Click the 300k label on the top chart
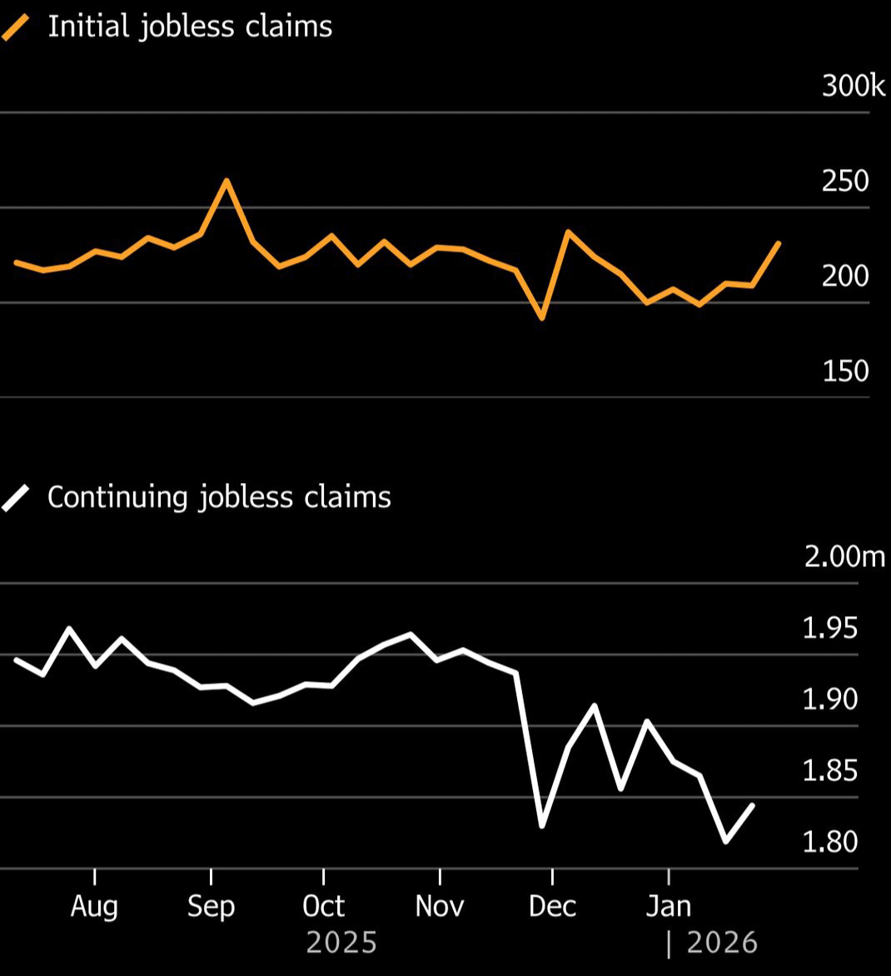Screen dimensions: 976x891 (x=853, y=86)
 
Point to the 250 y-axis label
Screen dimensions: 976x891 (x=845, y=181)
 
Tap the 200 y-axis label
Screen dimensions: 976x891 (x=845, y=276)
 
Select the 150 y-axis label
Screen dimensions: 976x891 (x=845, y=371)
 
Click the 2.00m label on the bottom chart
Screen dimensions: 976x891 (x=844, y=556)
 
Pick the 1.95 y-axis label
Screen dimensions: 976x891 (x=829, y=628)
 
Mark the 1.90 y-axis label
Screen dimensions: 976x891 (x=829, y=700)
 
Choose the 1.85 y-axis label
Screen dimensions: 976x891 (x=829, y=771)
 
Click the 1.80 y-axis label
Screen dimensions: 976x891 (x=829, y=842)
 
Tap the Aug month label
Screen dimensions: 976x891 (x=94, y=906)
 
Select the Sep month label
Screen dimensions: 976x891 (x=211, y=906)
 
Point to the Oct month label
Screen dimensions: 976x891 (x=323, y=906)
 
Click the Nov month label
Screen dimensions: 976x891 (x=439, y=906)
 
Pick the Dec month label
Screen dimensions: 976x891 (x=552, y=906)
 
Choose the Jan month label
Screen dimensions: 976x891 (x=668, y=906)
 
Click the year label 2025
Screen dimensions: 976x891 (x=341, y=944)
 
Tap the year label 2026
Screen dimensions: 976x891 (x=722, y=944)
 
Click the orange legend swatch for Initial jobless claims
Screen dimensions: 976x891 (x=16, y=27)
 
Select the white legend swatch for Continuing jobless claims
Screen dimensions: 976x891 (x=16, y=498)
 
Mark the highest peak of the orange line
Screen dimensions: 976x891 (x=226, y=180)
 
